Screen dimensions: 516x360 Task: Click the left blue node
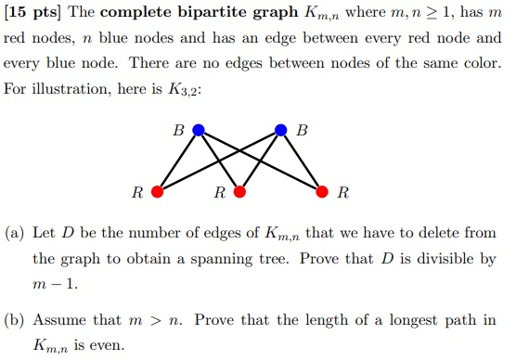click(197, 131)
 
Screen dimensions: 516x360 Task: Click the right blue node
click(282, 131)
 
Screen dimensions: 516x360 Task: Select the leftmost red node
click(157, 193)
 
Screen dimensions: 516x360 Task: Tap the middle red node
click(239, 193)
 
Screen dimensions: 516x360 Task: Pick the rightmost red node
click(323, 193)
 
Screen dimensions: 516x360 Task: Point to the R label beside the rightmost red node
click(343, 194)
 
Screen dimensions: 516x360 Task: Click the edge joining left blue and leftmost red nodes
click(176, 162)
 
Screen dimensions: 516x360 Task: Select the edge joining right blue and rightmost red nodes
click(303, 162)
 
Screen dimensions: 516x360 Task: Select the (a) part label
click(18, 232)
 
